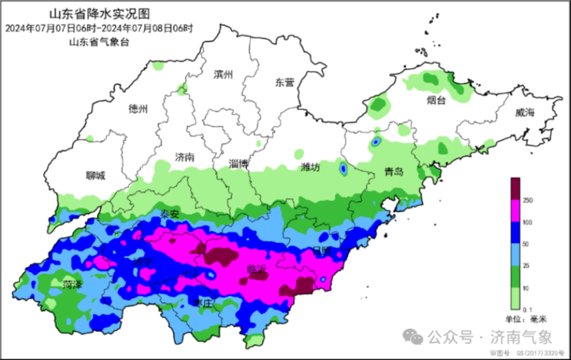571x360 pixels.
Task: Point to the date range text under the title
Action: [98, 28]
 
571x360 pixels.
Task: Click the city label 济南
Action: [185, 157]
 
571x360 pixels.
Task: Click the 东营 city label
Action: [284, 82]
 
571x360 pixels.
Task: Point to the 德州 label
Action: [138, 109]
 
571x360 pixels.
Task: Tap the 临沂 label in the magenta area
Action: [256, 271]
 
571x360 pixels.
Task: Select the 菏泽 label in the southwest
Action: [72, 284]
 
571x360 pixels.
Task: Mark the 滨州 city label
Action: [224, 74]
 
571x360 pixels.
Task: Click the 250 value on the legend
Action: [528, 200]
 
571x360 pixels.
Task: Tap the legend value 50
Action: [527, 244]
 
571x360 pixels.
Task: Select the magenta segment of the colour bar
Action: [515, 211]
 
